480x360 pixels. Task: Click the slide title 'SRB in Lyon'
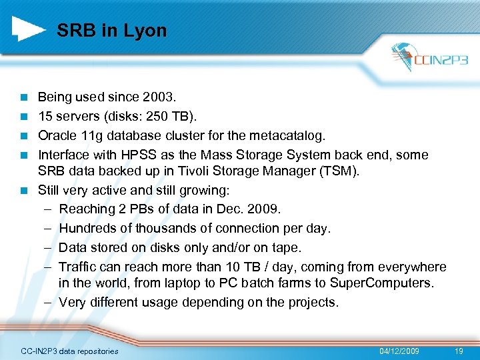111,31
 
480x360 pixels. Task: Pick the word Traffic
76,267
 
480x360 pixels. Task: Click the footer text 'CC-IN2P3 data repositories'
69,351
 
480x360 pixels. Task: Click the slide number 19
457,351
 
